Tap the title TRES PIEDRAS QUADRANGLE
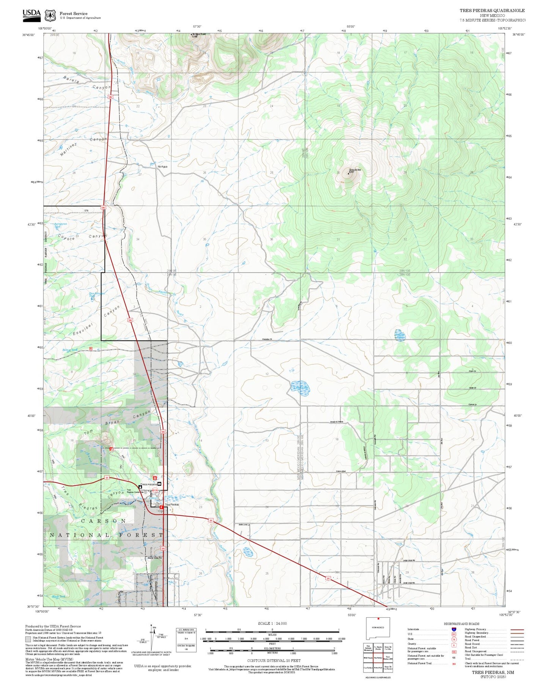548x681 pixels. click(x=492, y=11)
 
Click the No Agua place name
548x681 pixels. click(x=162, y=167)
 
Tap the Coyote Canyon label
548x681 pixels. click(x=82, y=236)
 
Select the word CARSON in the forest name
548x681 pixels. click(x=104, y=521)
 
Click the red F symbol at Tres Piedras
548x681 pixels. click(x=161, y=507)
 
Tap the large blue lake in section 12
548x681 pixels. click(x=300, y=387)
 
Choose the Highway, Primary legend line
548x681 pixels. click(x=517, y=629)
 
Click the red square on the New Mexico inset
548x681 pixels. click(x=378, y=629)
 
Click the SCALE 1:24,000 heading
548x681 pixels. click(x=272, y=623)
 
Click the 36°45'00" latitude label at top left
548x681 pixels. click(x=29, y=35)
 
